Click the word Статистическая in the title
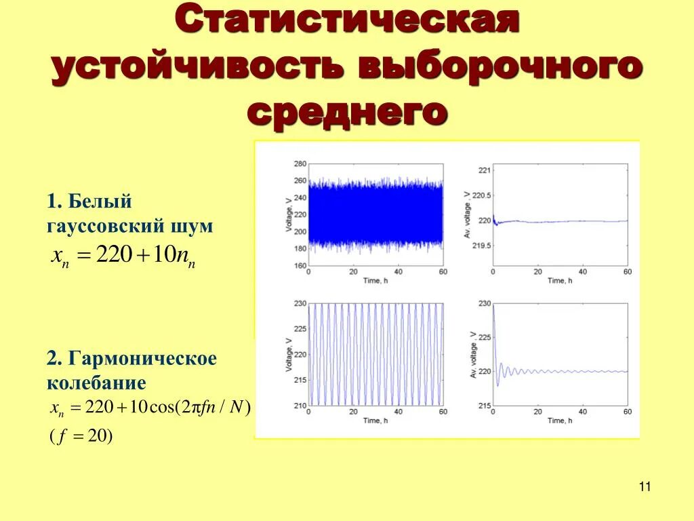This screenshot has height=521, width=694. [x=347, y=23]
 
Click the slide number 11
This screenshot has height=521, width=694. [x=644, y=486]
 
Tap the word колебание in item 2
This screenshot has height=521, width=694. [x=96, y=383]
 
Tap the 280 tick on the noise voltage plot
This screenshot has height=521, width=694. [x=300, y=164]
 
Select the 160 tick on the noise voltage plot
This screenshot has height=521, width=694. [x=300, y=265]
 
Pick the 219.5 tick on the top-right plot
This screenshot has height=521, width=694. [x=480, y=246]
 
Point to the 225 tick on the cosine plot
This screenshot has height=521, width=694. [x=300, y=329]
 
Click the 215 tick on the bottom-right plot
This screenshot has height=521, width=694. [x=483, y=406]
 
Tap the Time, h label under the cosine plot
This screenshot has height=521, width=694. [x=375, y=421]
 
